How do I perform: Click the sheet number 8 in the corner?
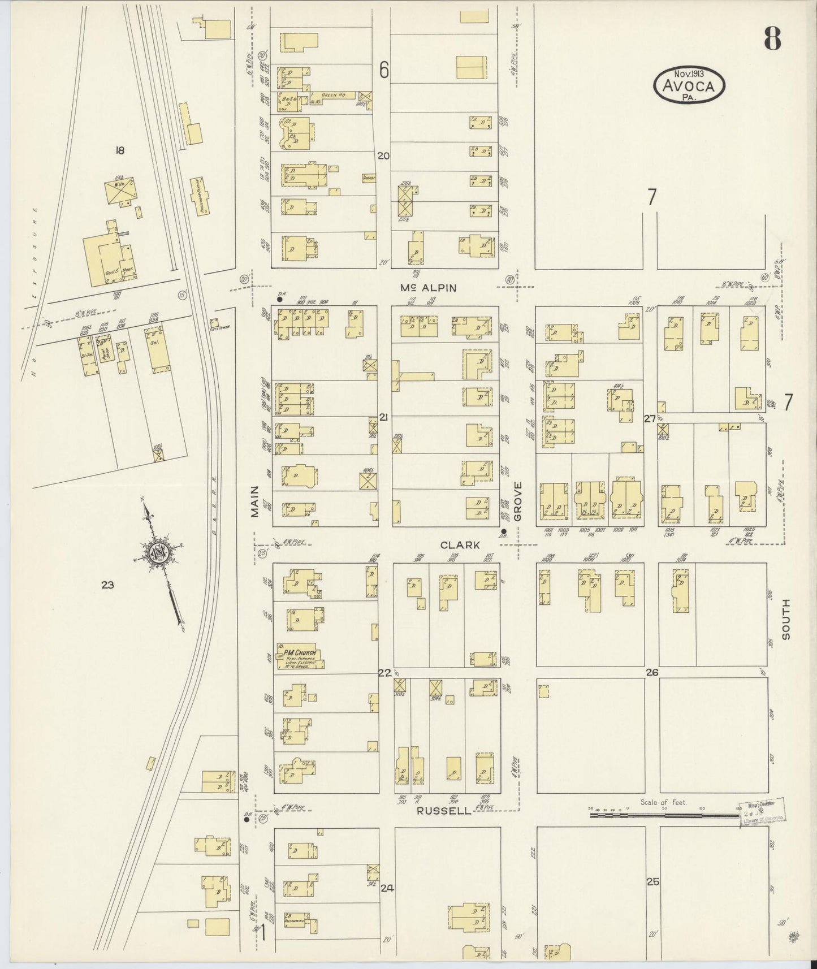[772, 38]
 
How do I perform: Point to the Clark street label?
[460, 545]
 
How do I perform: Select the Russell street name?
[444, 811]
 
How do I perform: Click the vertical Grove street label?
[518, 501]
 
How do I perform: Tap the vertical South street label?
[786, 620]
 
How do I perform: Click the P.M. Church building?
[299, 656]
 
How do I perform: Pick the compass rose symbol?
[160, 552]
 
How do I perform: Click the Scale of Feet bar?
[665, 816]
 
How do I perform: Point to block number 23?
[107, 585]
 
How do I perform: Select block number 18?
[119, 150]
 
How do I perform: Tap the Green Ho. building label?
[333, 95]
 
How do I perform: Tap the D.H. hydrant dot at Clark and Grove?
[503, 531]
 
